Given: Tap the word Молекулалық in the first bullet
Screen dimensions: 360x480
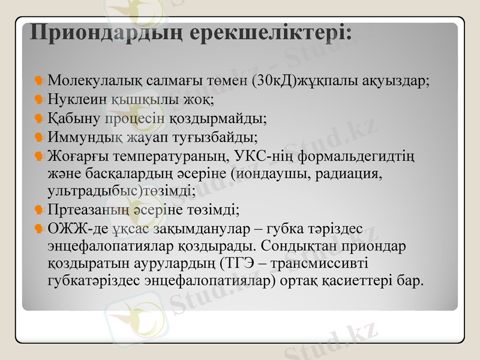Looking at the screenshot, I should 85,81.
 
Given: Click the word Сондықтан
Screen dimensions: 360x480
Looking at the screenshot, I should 303,246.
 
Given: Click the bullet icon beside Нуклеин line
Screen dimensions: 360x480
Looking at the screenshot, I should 39,100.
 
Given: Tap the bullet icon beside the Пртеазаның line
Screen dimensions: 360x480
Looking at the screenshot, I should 39,211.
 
